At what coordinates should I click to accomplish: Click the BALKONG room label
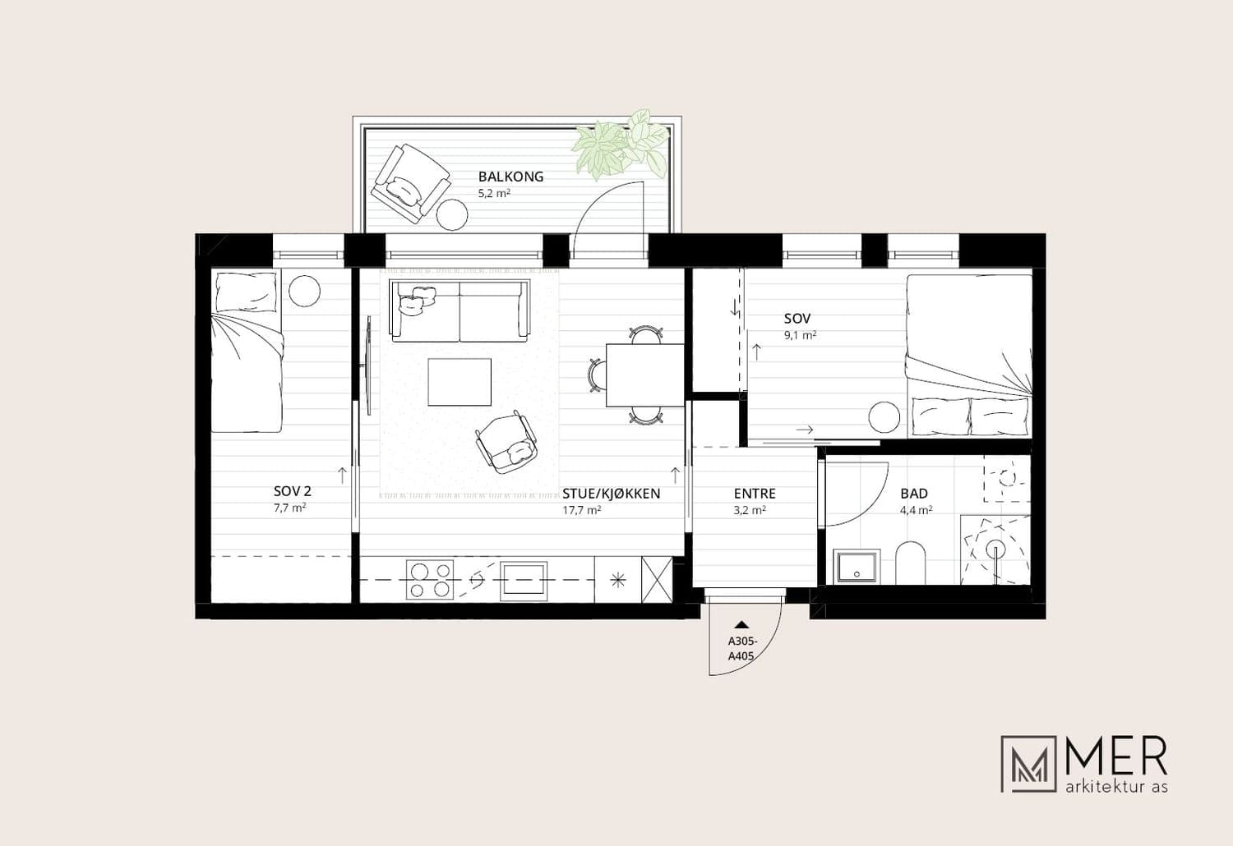510,177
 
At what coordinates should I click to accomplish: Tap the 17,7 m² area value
581,510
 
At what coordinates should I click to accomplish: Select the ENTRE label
755,494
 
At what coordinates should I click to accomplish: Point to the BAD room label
914,494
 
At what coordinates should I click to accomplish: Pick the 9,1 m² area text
800,334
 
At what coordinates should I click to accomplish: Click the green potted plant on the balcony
619,144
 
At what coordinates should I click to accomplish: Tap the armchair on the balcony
410,183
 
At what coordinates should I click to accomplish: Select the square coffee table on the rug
459,382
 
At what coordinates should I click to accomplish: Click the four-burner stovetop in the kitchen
430,580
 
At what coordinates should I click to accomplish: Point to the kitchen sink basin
524,581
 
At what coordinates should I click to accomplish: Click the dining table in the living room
644,375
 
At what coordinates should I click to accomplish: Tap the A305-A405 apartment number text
741,649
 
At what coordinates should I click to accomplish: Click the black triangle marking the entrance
742,624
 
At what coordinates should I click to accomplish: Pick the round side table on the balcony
452,214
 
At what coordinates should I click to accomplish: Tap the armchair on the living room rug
506,442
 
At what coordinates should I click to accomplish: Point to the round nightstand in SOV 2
304,290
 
